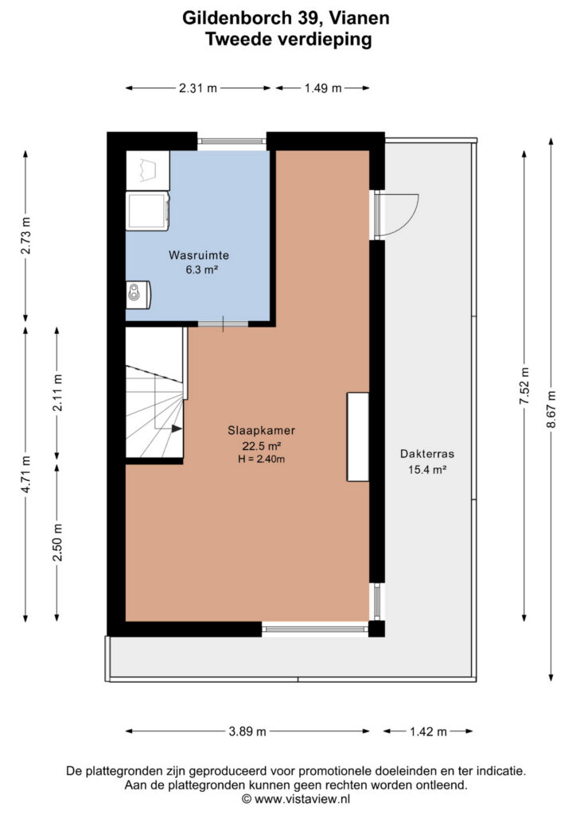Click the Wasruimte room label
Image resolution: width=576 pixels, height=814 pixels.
pyautogui.click(x=198, y=255)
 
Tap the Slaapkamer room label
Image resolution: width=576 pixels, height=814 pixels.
pyautogui.click(x=261, y=430)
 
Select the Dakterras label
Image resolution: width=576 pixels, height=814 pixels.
pyautogui.click(x=427, y=454)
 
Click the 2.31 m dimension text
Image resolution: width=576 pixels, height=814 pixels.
pyautogui.click(x=198, y=88)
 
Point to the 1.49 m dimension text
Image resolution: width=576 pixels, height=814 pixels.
pyautogui.click(x=323, y=88)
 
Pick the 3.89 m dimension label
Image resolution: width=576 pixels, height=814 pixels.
pyautogui.click(x=247, y=731)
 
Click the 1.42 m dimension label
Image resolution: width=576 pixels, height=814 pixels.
pyautogui.click(x=428, y=731)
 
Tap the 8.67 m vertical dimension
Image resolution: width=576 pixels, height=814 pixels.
pyautogui.click(x=551, y=409)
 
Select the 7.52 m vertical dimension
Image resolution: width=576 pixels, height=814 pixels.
pyautogui.click(x=524, y=386)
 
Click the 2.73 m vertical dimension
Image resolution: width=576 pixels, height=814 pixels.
pyautogui.click(x=26, y=235)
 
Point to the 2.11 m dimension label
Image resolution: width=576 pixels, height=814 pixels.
pyautogui.click(x=57, y=393)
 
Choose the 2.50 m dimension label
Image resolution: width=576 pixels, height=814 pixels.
pyautogui.click(x=57, y=542)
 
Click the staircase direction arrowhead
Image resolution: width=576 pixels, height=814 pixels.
pyautogui.click(x=177, y=428)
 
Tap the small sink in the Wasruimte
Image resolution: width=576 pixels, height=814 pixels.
pyautogui.click(x=138, y=295)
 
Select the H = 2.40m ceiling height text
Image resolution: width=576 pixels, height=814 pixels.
pyautogui.click(x=261, y=459)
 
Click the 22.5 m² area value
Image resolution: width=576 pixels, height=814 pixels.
pyautogui.click(x=261, y=446)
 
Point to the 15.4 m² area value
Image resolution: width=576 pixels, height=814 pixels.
pyautogui.click(x=427, y=470)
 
